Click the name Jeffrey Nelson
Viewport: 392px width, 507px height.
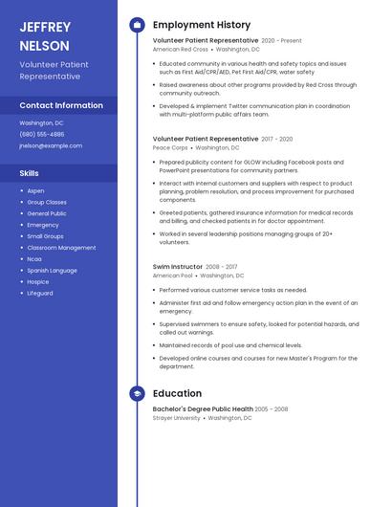tap(44, 36)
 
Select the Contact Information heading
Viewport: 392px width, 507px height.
tap(61, 105)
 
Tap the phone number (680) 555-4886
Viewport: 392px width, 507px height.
tap(42, 134)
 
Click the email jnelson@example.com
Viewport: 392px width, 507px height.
tap(51, 145)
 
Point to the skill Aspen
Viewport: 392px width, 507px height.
tap(35, 190)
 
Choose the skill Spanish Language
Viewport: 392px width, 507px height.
tap(53, 270)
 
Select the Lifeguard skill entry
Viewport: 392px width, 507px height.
tap(40, 293)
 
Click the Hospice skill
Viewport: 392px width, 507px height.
tap(38, 281)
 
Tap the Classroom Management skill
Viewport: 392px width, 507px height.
tap(61, 247)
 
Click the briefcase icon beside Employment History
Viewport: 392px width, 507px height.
tap(137, 25)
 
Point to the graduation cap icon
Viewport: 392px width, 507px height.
tap(137, 393)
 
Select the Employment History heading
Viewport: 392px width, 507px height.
tap(202, 25)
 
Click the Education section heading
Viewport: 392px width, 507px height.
tap(177, 393)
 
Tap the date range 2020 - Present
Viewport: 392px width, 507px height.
tap(281, 40)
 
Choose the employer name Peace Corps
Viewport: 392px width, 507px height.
tap(170, 148)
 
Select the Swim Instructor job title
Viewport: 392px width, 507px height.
tap(178, 266)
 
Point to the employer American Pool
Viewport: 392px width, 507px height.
tap(173, 276)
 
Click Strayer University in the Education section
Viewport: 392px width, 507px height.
tap(176, 418)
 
